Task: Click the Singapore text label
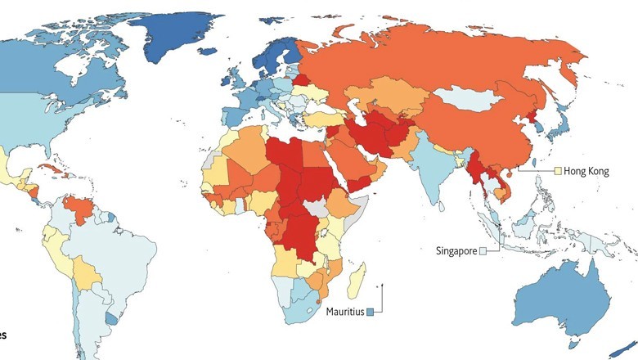[x=456, y=250]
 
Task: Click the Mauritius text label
[x=344, y=311]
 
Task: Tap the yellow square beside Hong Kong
[x=558, y=172]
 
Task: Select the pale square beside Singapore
[x=483, y=250]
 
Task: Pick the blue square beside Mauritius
[x=371, y=311]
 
